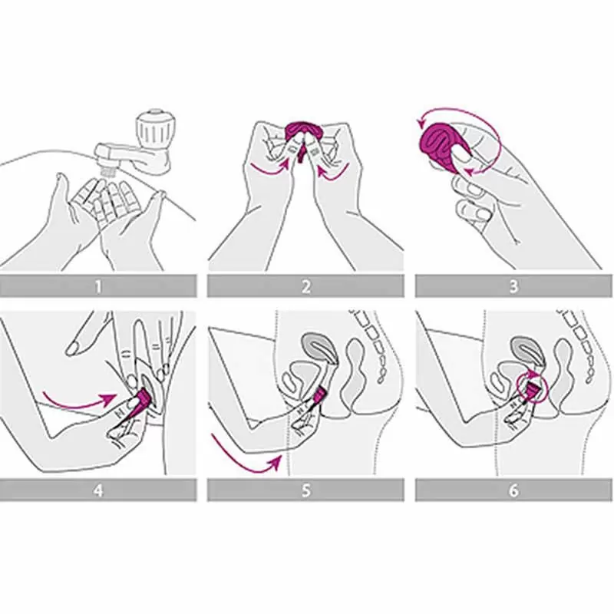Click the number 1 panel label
98,286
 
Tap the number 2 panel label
305,286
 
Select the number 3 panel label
513,286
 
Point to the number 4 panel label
98,490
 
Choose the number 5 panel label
305,490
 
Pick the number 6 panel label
513,490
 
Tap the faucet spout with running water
117,160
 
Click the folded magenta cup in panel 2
302,135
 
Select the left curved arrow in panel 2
270,169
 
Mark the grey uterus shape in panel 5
319,348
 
